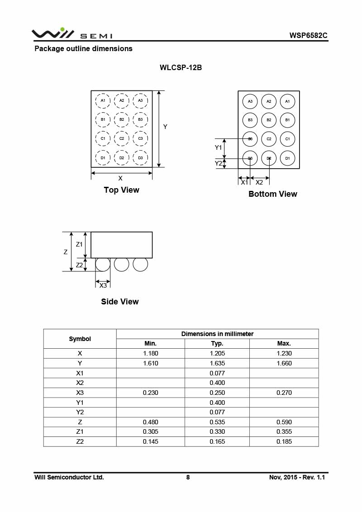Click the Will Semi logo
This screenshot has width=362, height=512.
71,33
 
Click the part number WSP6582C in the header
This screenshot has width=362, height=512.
308,35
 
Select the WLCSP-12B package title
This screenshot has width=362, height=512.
181,68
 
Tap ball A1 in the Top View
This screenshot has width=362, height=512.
103,100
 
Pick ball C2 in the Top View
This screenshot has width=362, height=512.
122,138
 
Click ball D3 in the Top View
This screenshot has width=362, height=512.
140,157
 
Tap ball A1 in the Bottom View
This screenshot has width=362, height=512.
287,101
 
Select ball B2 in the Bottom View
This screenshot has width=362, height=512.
269,120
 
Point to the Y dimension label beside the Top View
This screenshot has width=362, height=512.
165,127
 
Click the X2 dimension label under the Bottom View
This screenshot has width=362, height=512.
259,183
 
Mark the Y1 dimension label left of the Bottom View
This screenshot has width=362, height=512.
219,147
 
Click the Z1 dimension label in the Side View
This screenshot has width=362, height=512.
79,244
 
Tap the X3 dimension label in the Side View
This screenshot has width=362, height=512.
103,285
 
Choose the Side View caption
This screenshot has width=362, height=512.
120,302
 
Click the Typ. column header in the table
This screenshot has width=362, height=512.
217,344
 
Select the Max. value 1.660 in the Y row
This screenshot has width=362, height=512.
284,363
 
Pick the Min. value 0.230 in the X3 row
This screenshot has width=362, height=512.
151,393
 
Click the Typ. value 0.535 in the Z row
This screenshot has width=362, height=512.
217,422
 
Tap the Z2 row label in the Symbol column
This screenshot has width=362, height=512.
80,441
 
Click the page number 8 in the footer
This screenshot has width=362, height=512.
188,477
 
